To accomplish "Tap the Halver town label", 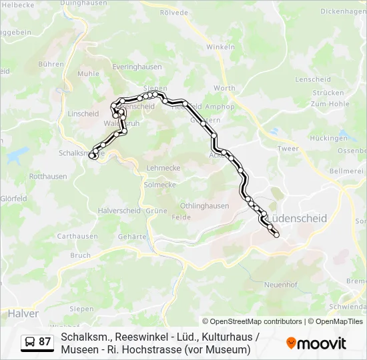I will pyautogui.click(x=23, y=313).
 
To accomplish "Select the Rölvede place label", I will pyautogui.click(x=174, y=11).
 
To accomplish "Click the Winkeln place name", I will pyautogui.click(x=220, y=47).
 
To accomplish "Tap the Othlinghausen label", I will pyautogui.click(x=205, y=206).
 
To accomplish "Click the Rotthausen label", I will pyautogui.click(x=48, y=177).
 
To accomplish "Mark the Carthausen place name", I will pyautogui.click(x=77, y=236).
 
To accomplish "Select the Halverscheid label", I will pyautogui.click(x=118, y=210).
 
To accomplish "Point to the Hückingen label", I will pyautogui.click(x=329, y=138).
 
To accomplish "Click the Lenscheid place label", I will pyautogui.click(x=312, y=79).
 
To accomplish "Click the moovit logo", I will pyautogui.click(x=316, y=343).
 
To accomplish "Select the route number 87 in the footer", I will pyautogui.click(x=45, y=341).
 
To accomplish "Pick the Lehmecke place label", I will pyautogui.click(x=163, y=168).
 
